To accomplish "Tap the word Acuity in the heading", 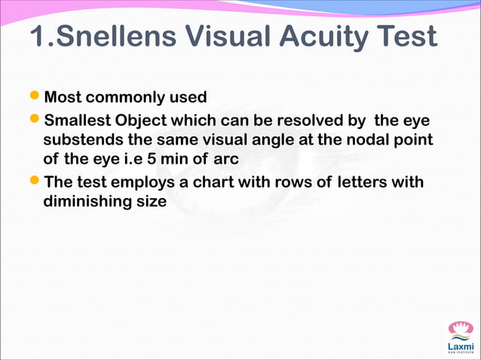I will (x=326, y=37).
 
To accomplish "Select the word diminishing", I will (x=87, y=202).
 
